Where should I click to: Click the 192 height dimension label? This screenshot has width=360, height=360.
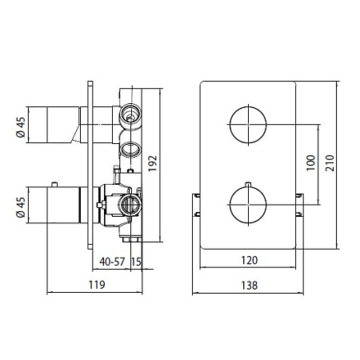(x=153, y=163)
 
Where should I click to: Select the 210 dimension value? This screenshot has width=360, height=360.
(x=330, y=163)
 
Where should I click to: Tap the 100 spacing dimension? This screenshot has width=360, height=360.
(x=310, y=162)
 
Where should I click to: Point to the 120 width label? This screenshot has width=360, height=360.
(x=250, y=260)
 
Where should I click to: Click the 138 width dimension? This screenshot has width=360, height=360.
(x=250, y=286)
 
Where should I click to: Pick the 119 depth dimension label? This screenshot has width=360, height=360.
(x=97, y=285)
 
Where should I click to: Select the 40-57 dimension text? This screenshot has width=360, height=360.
(x=112, y=262)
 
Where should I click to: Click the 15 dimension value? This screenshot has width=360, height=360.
(x=136, y=262)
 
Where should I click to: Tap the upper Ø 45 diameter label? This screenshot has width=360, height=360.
(x=21, y=127)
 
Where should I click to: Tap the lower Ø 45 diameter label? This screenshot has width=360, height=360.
(x=21, y=207)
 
